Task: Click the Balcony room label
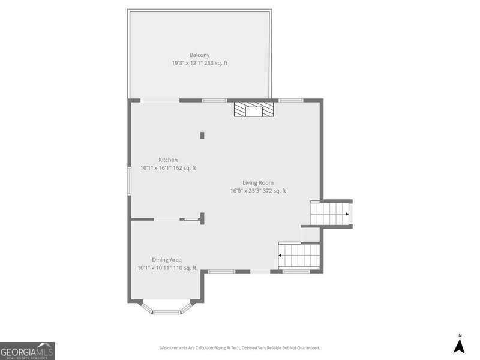click(199, 55)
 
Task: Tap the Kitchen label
click(168, 160)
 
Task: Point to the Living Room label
click(258, 183)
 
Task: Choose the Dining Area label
click(167, 260)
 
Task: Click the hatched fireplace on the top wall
click(253, 110)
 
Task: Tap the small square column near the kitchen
click(202, 136)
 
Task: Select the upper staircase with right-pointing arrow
click(331, 214)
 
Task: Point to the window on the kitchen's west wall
click(128, 180)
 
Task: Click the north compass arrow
click(459, 346)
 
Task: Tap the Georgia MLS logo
click(27, 350)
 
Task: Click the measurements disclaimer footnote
click(239, 348)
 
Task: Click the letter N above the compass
click(460, 335)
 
